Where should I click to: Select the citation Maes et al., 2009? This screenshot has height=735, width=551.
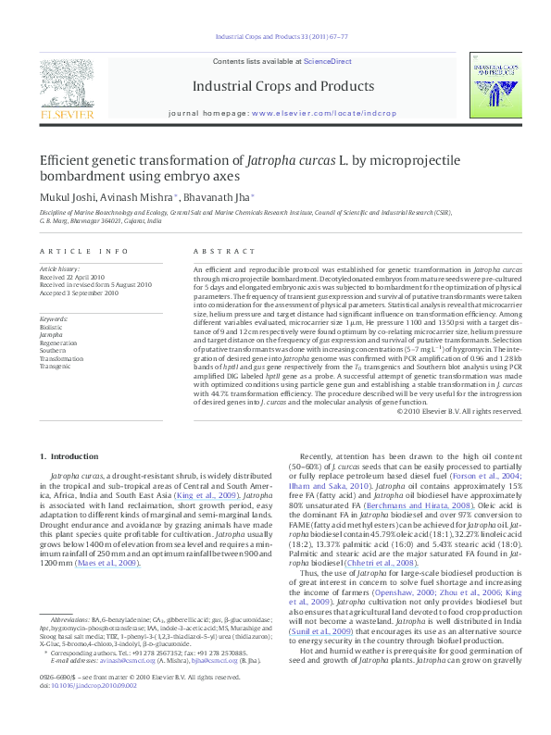(116, 564)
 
